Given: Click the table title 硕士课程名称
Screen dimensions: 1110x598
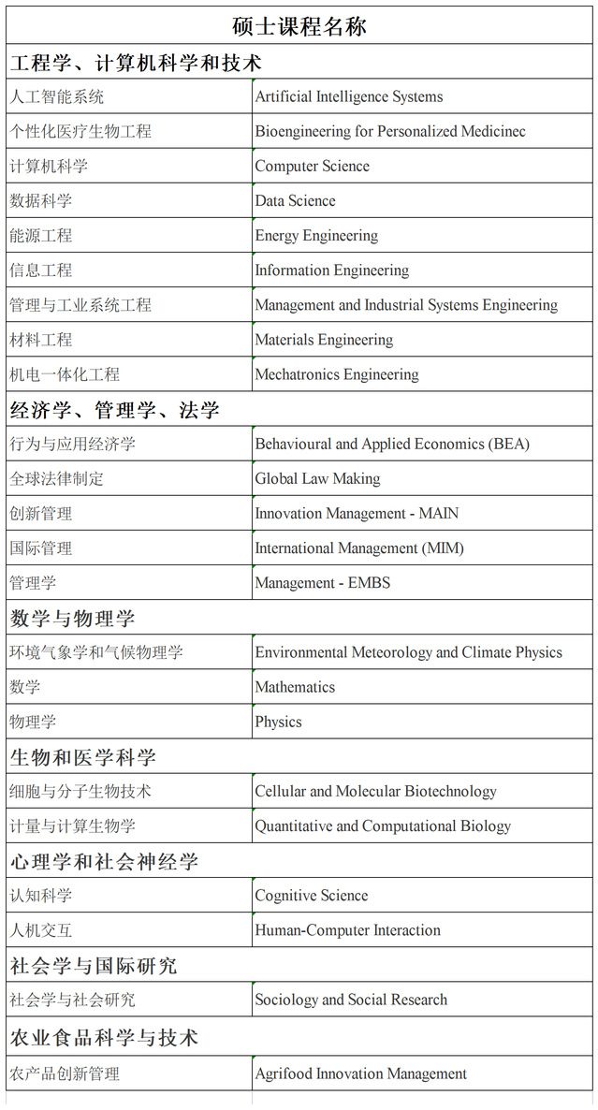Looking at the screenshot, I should pyautogui.click(x=299, y=26).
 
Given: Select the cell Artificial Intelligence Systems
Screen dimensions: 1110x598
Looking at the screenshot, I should pyautogui.click(x=349, y=96).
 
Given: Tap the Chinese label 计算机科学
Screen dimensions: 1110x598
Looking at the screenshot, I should pyautogui.click(x=49, y=167).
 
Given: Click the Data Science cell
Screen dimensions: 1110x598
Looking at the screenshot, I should pyautogui.click(x=295, y=201).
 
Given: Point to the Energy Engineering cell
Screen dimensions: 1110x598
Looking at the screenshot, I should pyautogui.click(x=316, y=236).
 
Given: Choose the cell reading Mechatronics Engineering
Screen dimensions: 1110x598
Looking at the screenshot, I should pyautogui.click(x=337, y=374).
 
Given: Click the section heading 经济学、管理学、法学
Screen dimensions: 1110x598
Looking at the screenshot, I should pyautogui.click(x=115, y=410).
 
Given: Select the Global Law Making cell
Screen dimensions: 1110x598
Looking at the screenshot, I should pyautogui.click(x=317, y=478).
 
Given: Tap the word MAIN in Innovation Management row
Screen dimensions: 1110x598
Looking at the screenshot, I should pyautogui.click(x=439, y=513).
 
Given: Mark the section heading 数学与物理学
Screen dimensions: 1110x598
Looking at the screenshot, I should pyautogui.click(x=72, y=618).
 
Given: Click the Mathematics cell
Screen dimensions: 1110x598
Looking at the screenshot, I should pyautogui.click(x=295, y=687).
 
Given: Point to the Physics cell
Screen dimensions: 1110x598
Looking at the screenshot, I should pyautogui.click(x=278, y=722).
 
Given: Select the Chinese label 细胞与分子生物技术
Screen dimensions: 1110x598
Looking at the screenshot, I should pyautogui.click(x=80, y=792).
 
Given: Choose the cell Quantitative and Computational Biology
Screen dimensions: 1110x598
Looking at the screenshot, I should pyautogui.click(x=383, y=826).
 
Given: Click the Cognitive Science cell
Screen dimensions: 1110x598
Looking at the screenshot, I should pyautogui.click(x=312, y=896).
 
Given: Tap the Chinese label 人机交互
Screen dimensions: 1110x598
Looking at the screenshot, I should pyautogui.click(x=40, y=930).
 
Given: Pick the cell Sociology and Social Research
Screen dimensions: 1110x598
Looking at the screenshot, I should pyautogui.click(x=351, y=1000).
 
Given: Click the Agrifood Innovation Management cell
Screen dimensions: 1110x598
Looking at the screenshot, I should pyautogui.click(x=360, y=1073).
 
